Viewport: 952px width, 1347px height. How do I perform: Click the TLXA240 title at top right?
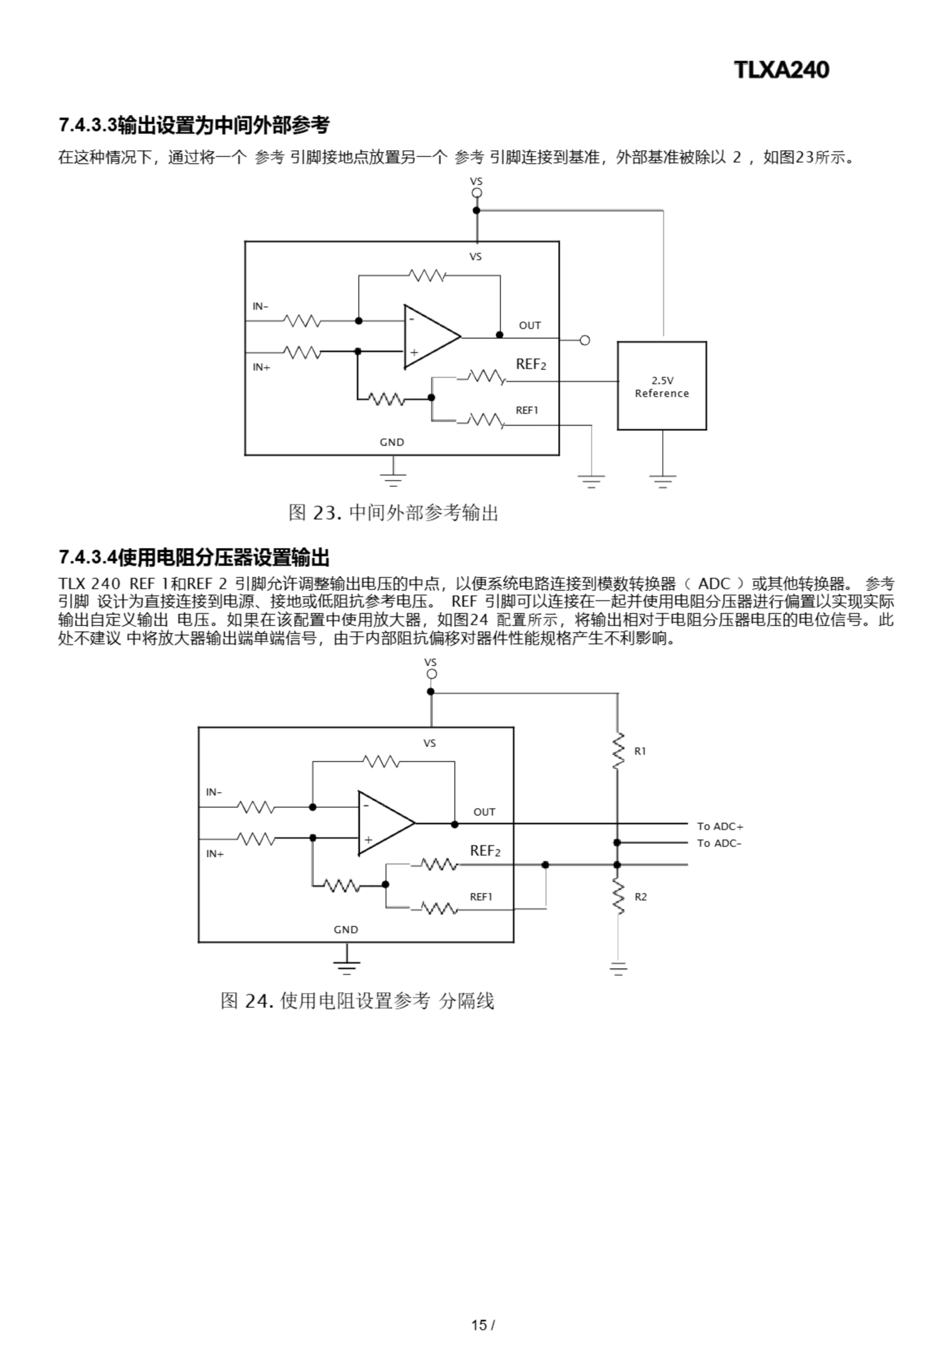781,70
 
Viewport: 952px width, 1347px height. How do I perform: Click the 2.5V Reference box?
662,386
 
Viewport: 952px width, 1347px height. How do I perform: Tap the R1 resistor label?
640,751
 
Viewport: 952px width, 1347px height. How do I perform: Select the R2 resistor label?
641,897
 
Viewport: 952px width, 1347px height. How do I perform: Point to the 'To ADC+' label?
720,827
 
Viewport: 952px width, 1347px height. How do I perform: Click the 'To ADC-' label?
719,843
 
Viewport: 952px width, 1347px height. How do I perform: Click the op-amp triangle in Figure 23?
428,337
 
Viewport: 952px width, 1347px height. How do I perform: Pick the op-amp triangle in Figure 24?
382,822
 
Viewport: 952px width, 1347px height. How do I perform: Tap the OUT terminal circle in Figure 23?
584,340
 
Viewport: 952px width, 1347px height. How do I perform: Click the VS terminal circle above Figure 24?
431,674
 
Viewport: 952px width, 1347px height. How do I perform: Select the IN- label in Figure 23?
260,306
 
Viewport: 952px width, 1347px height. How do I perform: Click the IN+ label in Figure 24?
215,854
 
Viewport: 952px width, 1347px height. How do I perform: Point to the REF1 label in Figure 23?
526,410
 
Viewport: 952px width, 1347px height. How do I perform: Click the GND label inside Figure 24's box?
346,930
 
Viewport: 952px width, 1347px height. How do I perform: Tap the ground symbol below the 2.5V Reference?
663,481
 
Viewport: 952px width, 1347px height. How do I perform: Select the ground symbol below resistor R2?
618,969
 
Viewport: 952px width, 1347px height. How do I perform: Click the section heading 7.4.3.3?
194,125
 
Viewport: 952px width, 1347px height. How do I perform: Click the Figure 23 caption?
393,512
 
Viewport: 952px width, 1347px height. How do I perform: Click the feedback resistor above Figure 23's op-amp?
427,275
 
